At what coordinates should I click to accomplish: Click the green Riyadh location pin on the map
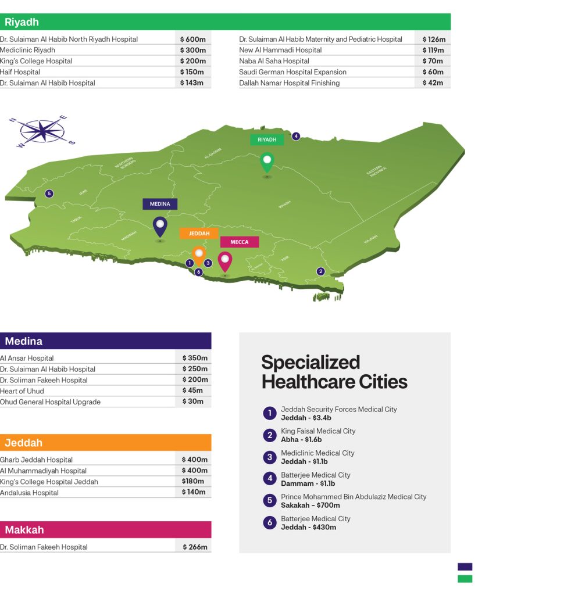coord(267,161)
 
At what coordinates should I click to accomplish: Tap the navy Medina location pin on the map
coord(159,225)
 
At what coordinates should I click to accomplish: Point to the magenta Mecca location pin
coord(224,260)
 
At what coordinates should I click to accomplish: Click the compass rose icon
coord(42,131)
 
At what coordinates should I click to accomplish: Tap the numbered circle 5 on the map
coord(49,193)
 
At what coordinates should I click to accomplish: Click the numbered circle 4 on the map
coord(296,136)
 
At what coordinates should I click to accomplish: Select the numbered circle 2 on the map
coord(320,271)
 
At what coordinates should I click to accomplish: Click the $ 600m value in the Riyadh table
coord(193,39)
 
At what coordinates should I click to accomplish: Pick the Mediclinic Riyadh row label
coord(28,50)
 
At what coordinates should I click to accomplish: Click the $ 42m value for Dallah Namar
coord(433,83)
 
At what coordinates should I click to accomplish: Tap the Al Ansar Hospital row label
coord(27,358)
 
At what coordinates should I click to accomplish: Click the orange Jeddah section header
coord(105,443)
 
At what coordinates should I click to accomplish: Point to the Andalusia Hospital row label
coord(30,493)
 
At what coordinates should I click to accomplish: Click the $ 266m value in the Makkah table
coord(195,547)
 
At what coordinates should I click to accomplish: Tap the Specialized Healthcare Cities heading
coord(334,372)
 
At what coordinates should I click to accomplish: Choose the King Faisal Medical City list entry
coord(317,435)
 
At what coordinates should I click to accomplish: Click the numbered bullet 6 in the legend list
coord(269,523)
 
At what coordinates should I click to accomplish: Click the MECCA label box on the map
coord(240,242)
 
